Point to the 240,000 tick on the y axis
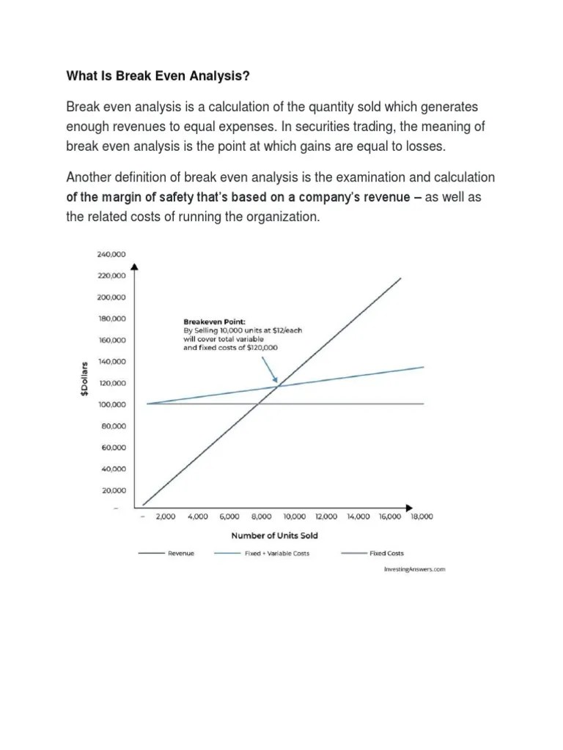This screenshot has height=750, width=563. pyautogui.click(x=111, y=254)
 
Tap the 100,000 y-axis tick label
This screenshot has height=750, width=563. pyautogui.click(x=111, y=404)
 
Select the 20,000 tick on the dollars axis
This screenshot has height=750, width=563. pyautogui.click(x=113, y=490)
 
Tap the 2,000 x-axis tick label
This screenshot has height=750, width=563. pyautogui.click(x=165, y=516)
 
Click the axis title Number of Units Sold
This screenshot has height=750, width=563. pyautogui.click(x=274, y=535)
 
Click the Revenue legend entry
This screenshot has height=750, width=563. pyautogui.click(x=181, y=554)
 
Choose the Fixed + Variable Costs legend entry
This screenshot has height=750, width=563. pyautogui.click(x=276, y=554)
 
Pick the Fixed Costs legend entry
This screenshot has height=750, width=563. pyautogui.click(x=386, y=554)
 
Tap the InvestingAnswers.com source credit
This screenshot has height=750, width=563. pyautogui.click(x=414, y=569)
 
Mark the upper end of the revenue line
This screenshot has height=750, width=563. pyautogui.click(x=400, y=278)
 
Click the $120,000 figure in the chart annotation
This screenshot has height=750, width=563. pyautogui.click(x=265, y=349)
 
